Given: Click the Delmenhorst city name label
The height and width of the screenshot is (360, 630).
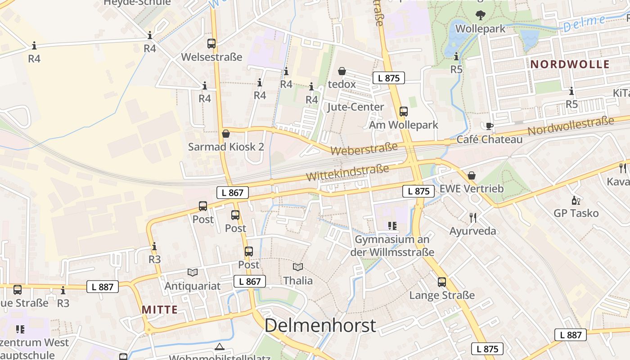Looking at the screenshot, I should coord(320,325).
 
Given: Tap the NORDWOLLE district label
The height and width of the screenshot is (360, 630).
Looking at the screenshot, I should coord(570,64).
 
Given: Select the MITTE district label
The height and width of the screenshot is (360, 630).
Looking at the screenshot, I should coord(160,310).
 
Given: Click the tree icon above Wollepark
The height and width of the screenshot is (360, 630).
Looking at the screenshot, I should coord(481,15).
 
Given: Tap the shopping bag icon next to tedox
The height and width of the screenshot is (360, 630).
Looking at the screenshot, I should coord(342,71).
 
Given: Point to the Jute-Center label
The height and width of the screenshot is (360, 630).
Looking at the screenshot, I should coord(355,107).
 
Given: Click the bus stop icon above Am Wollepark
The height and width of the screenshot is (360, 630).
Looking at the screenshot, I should coord(404,112).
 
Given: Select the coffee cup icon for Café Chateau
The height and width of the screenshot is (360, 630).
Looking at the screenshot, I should coord(489,126).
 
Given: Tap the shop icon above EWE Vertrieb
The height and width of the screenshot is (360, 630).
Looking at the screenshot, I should coord(472,175).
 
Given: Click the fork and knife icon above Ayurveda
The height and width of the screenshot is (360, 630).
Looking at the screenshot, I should coord(473,218).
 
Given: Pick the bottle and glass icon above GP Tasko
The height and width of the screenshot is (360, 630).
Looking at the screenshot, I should coord(576,200).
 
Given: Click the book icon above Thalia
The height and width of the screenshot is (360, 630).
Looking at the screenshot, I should coord(298,267).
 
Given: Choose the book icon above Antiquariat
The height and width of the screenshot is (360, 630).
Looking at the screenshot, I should coord(193,272).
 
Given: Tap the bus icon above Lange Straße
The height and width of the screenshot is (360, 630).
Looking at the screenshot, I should coord(442,282).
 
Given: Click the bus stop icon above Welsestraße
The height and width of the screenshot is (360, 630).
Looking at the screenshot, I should coord(211,44).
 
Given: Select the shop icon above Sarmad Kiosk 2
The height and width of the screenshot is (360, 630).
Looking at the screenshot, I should coord(226,134).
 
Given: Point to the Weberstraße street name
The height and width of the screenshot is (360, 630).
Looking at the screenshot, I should coord(364,148).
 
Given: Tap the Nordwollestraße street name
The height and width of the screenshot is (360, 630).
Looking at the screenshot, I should coord(571,126).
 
